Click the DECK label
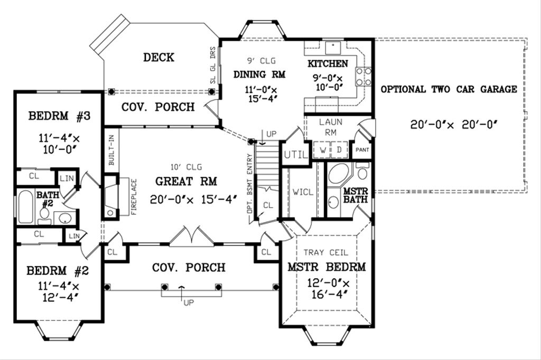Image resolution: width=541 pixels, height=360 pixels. click(158, 58)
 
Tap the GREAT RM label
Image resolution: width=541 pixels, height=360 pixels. click(186, 182)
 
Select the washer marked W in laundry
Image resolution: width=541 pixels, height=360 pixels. click(322, 149)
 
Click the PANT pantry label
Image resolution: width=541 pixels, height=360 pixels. click(362, 150)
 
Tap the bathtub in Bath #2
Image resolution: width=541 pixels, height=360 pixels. click(26, 207)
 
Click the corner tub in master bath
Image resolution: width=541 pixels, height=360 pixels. click(339, 174)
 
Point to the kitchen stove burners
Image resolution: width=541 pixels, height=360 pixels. click(363, 76)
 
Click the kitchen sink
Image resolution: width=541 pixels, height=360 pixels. click(334, 48)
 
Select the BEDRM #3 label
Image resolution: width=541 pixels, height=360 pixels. click(59, 115)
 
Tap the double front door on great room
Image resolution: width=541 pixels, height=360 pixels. click(192, 235)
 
